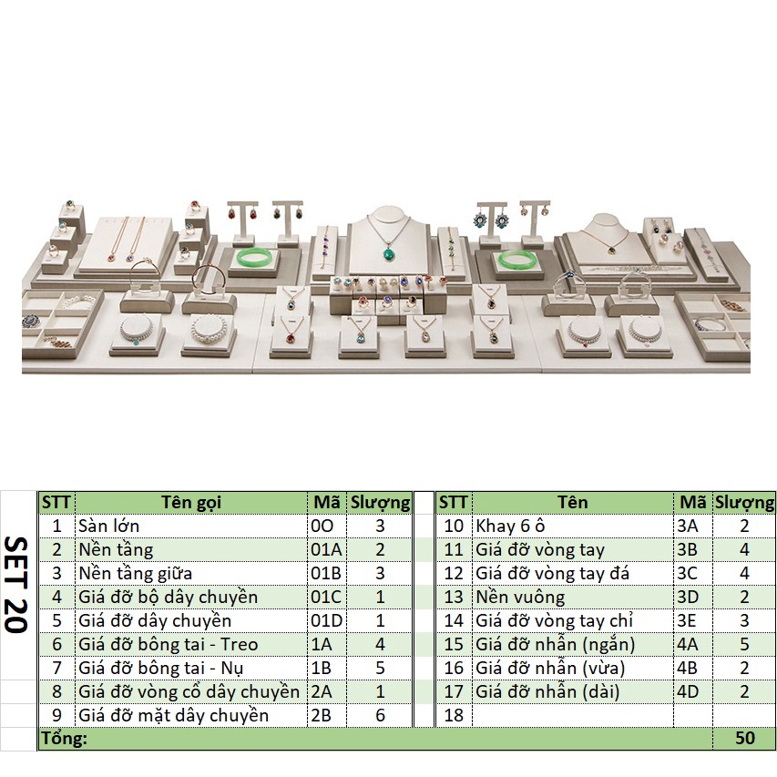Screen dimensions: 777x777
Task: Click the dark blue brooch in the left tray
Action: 30,322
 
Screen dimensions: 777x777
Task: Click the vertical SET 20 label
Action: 17,584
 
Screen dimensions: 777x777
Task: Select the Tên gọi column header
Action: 191,502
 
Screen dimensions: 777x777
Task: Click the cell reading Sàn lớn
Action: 109,526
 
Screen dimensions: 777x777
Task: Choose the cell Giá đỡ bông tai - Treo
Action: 169,644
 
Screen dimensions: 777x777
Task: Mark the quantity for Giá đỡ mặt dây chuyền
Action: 380,715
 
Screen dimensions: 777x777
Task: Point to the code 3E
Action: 688,620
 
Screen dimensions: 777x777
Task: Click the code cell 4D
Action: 689,691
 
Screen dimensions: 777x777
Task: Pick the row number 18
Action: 454,715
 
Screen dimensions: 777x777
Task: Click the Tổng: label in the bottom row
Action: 63,739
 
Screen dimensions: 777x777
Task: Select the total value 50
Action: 744,739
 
